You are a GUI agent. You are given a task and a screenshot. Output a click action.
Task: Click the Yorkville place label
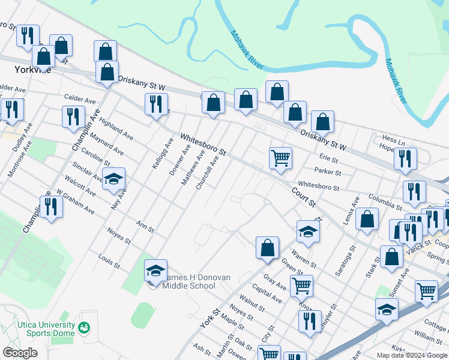pos(32,70)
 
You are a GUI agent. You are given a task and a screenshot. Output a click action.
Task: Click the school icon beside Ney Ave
pos(113,179)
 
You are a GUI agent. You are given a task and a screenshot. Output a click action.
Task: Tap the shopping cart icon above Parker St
pos(280,158)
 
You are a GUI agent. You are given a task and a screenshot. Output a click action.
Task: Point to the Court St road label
pos(304,196)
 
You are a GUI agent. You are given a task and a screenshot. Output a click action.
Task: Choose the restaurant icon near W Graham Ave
pos(51,207)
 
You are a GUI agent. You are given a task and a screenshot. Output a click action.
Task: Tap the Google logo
pos(20,353)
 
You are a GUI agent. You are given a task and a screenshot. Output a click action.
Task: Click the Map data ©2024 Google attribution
pos(412,355)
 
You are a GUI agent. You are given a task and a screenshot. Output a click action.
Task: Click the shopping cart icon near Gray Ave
pos(301,286)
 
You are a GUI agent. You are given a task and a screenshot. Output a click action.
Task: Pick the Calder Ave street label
pos(80,99)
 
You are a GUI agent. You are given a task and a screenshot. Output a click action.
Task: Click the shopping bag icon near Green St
pos(267,247)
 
